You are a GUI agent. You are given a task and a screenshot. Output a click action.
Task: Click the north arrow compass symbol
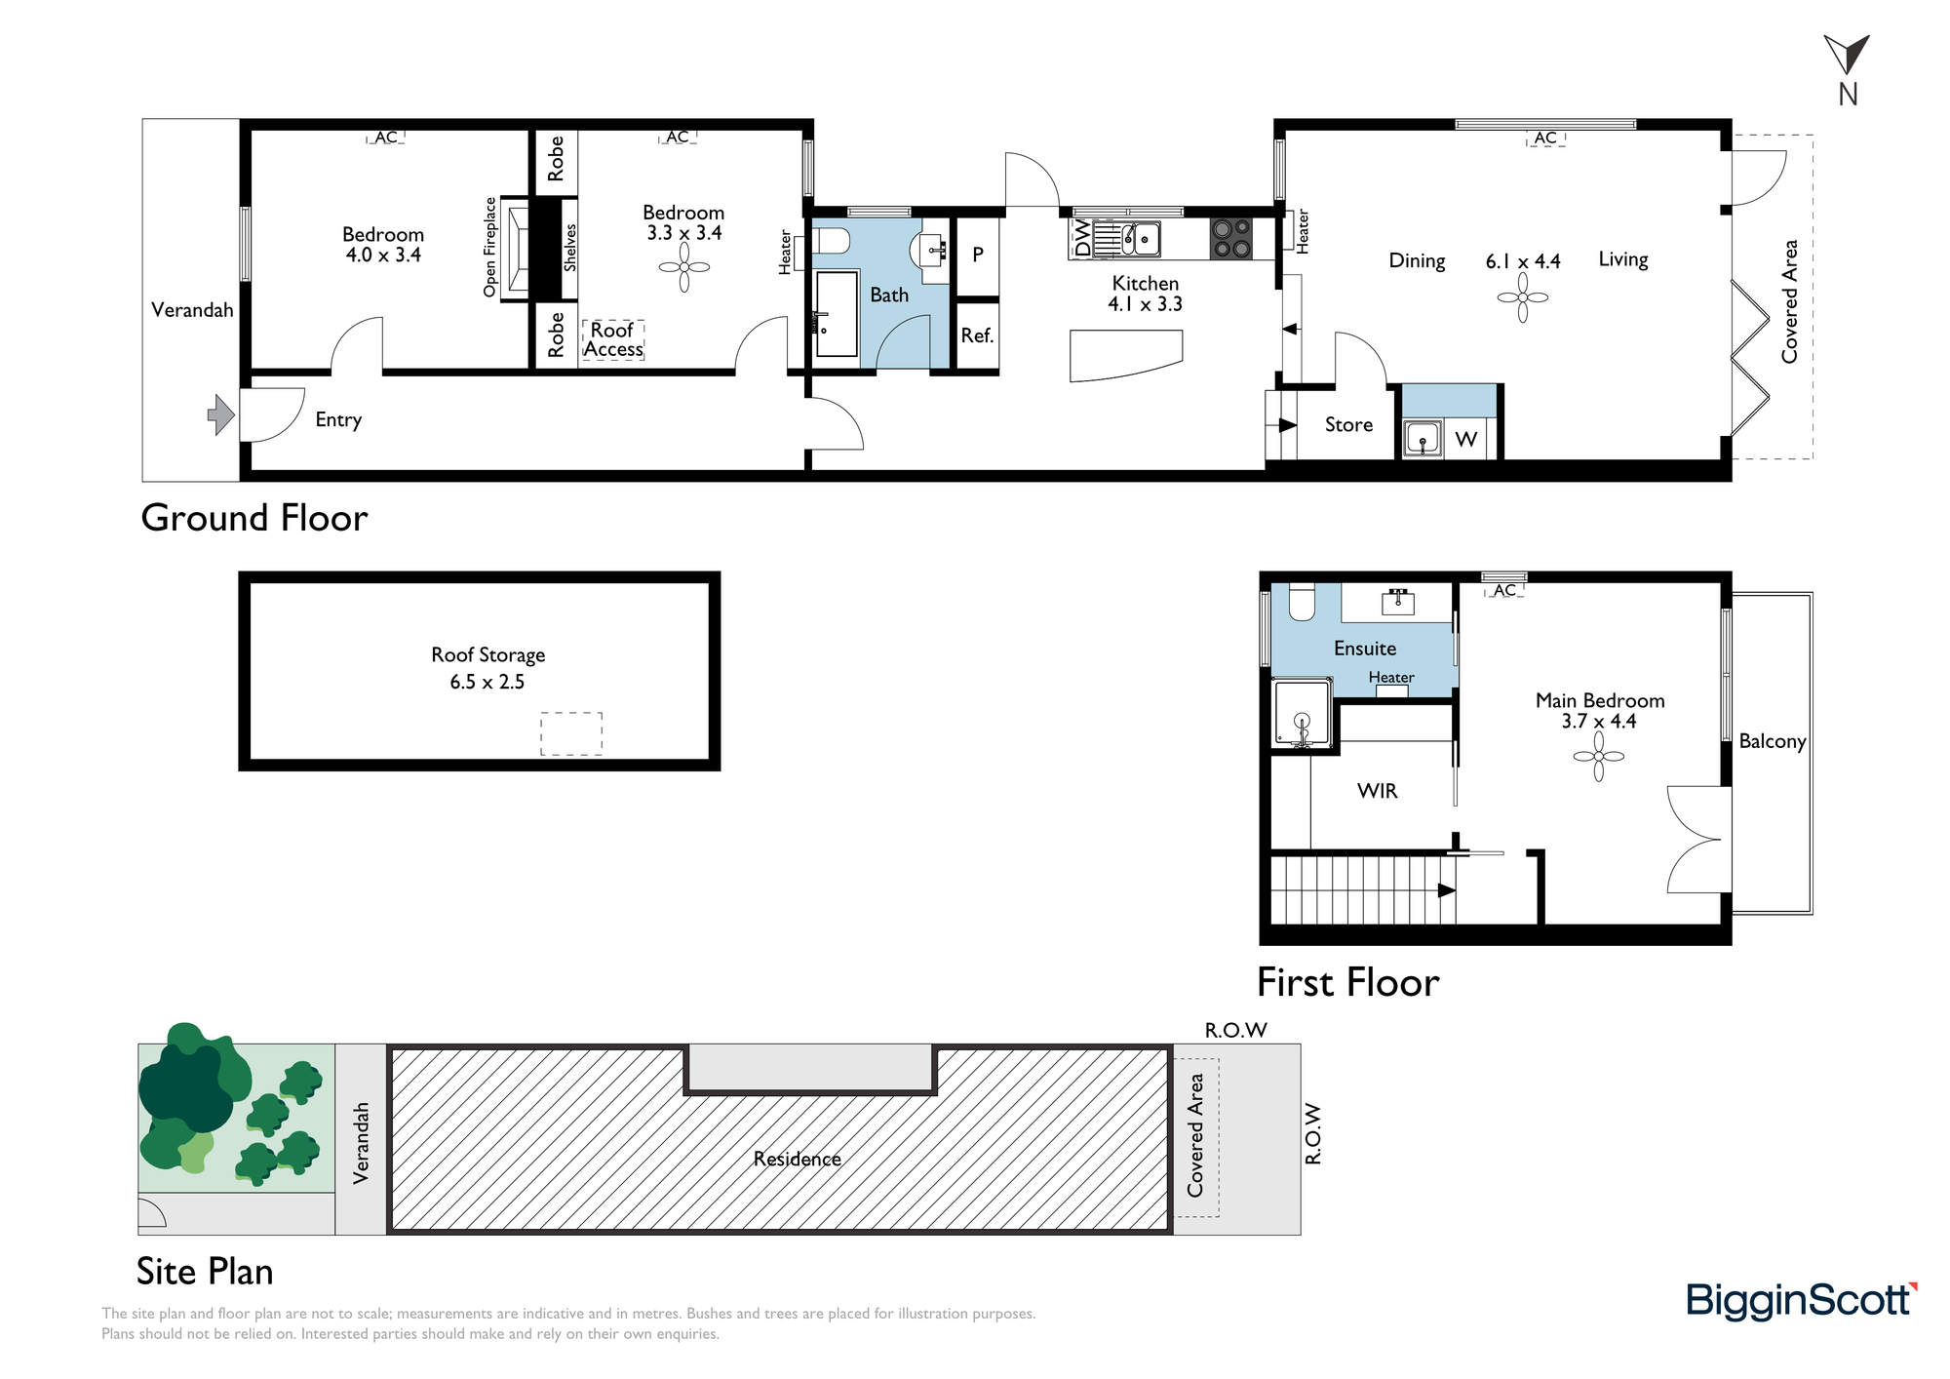pyautogui.click(x=1846, y=56)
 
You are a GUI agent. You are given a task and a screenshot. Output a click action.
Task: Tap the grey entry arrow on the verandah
pyautogui.click(x=221, y=414)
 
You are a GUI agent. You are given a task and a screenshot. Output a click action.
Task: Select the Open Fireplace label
pyautogui.click(x=490, y=247)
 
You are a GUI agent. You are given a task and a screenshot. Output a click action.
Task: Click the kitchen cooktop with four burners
pyautogui.click(x=1231, y=238)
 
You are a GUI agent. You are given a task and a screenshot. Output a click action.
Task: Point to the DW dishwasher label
pyautogui.click(x=1081, y=237)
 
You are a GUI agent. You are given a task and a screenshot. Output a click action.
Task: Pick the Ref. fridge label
pyautogui.click(x=977, y=335)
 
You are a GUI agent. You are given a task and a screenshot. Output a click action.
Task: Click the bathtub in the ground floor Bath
pyautogui.click(x=836, y=314)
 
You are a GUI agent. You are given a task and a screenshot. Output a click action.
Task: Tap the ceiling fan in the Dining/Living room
pyautogui.click(x=1522, y=297)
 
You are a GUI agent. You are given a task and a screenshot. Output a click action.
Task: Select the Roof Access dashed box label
pyautogui.click(x=613, y=339)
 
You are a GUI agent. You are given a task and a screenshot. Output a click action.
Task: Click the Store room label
pyautogui.click(x=1348, y=424)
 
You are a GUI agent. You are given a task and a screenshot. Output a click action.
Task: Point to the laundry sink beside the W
pyautogui.click(x=1423, y=438)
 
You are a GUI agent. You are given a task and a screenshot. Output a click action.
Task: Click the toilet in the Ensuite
pyautogui.click(x=1302, y=601)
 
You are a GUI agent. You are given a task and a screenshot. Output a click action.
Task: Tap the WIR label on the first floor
pyautogui.click(x=1377, y=791)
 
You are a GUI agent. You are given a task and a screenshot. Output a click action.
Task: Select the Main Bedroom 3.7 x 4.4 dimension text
pyautogui.click(x=1599, y=722)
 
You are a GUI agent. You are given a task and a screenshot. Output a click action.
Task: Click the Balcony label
pyautogui.click(x=1773, y=741)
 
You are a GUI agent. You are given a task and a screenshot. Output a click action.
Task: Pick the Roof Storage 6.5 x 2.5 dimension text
pyautogui.click(x=487, y=682)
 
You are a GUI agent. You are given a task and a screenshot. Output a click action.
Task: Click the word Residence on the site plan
pyautogui.click(x=798, y=1159)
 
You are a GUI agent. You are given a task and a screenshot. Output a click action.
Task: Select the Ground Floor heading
pyautogui.click(x=254, y=518)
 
